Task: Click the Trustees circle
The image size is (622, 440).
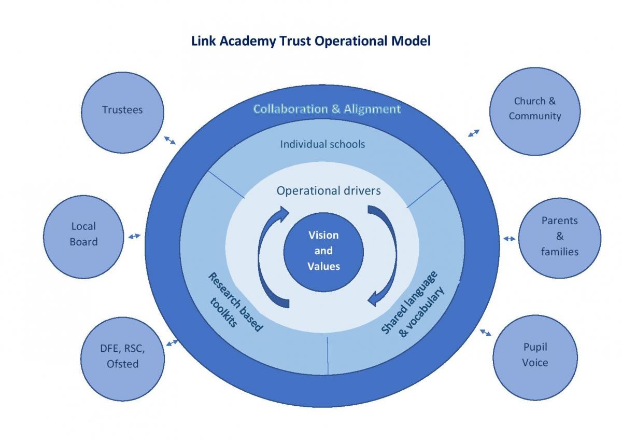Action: point(123,110)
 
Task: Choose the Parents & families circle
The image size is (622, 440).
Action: point(560,237)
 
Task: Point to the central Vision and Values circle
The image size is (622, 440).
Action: point(323,251)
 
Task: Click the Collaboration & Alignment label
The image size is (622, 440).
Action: point(327,109)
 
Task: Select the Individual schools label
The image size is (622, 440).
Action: point(322,144)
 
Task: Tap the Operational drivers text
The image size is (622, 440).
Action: point(329,190)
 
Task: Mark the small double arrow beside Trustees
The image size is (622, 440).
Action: point(169,140)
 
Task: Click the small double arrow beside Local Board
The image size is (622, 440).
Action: point(134,236)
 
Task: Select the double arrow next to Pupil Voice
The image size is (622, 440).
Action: point(486,332)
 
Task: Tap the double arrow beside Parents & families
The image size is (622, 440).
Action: point(509,239)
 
